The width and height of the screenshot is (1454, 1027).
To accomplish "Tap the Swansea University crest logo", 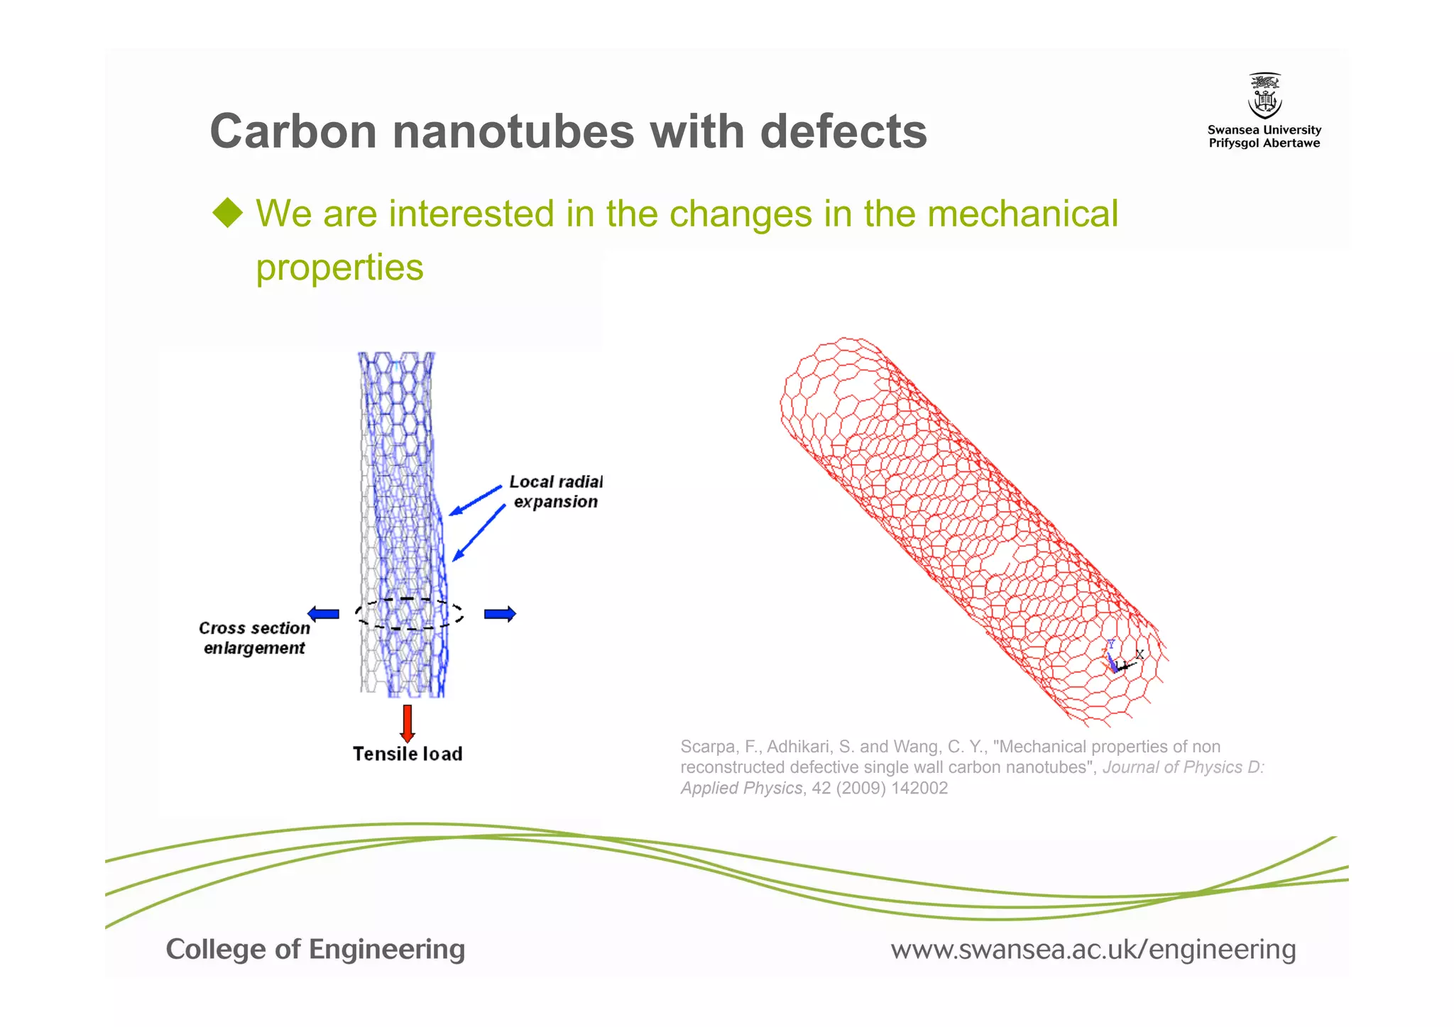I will point(1264,96).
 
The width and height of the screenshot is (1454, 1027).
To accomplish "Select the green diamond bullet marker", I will point(228,213).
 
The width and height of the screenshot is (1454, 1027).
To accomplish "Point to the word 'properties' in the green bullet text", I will point(339,268).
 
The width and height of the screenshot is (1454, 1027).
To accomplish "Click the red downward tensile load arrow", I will point(407,723).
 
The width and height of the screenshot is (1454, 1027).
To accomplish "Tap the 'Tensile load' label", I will point(408,754).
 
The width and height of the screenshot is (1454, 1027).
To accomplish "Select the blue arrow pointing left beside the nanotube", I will point(323,614).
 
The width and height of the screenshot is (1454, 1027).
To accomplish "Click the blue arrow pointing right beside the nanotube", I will point(500,614).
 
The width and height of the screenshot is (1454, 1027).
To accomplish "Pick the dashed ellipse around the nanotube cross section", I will point(409,614).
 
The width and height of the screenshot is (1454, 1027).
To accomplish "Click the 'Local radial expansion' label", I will point(555,492).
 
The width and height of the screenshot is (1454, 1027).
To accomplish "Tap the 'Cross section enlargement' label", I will point(254,638).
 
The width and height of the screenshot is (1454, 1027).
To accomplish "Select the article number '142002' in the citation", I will point(922,789).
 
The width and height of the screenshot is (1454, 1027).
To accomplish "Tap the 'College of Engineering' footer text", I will point(315,950).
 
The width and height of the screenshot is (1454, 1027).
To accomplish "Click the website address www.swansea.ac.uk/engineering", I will point(1093,950).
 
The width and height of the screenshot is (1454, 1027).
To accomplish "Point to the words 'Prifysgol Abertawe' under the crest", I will point(1264,143).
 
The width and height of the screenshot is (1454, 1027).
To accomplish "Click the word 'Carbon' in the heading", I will point(293,132).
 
